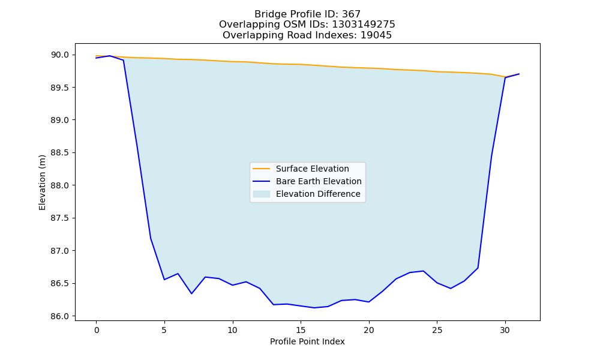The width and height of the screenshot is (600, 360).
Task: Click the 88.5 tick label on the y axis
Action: [60, 153]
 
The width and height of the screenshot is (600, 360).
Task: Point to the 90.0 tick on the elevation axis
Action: [60, 55]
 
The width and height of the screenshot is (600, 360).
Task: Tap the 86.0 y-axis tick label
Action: [60, 316]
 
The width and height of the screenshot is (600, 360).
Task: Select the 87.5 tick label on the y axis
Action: [60, 218]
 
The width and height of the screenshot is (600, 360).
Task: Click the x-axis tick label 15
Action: [301, 330]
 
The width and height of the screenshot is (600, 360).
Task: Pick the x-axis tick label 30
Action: [505, 330]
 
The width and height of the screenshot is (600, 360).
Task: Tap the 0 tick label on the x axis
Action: [96, 330]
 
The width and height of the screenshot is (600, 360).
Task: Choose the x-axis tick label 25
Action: [437, 330]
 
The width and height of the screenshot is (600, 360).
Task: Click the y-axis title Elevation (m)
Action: [42, 182]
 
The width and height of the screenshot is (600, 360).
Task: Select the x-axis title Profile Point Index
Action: [307, 341]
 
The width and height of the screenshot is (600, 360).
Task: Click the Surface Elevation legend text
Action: [312, 169]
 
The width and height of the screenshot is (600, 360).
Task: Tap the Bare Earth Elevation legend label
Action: [319, 181]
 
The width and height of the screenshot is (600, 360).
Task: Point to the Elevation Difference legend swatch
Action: [262, 194]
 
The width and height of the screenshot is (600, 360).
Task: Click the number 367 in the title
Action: [351, 14]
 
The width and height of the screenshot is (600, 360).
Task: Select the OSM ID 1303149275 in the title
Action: [364, 25]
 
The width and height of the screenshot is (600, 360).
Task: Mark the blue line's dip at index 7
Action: [191, 293]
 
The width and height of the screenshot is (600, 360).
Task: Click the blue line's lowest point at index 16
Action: [314, 308]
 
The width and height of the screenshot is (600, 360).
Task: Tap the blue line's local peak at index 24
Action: [423, 271]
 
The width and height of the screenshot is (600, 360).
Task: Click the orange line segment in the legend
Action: [262, 169]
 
